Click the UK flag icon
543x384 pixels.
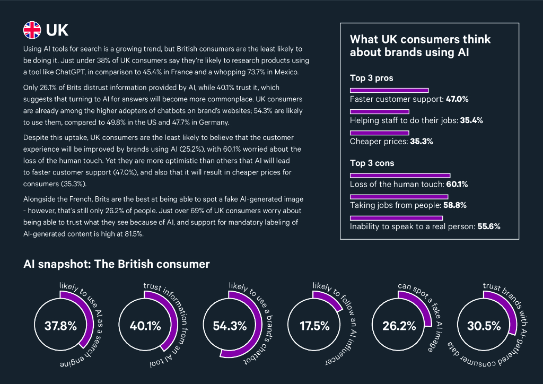(32, 30)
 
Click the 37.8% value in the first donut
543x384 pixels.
(60, 326)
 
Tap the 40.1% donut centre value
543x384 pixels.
(145, 326)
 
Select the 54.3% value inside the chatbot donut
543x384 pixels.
(230, 326)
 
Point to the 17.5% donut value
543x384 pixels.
(314, 326)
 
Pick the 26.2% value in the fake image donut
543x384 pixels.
(399, 326)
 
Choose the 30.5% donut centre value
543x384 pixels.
(484, 326)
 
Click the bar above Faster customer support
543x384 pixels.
(389, 90)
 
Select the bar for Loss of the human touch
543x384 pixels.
(400, 175)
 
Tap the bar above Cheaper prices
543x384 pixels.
(379, 133)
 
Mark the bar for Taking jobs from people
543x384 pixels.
(399, 196)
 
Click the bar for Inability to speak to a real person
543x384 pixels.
(396, 217)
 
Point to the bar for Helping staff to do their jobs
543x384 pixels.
(380, 111)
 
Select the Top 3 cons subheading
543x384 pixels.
(372, 163)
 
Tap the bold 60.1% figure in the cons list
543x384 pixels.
(457, 185)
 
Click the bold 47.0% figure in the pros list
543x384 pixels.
(457, 99)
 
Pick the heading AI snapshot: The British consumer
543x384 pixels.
(117, 264)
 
